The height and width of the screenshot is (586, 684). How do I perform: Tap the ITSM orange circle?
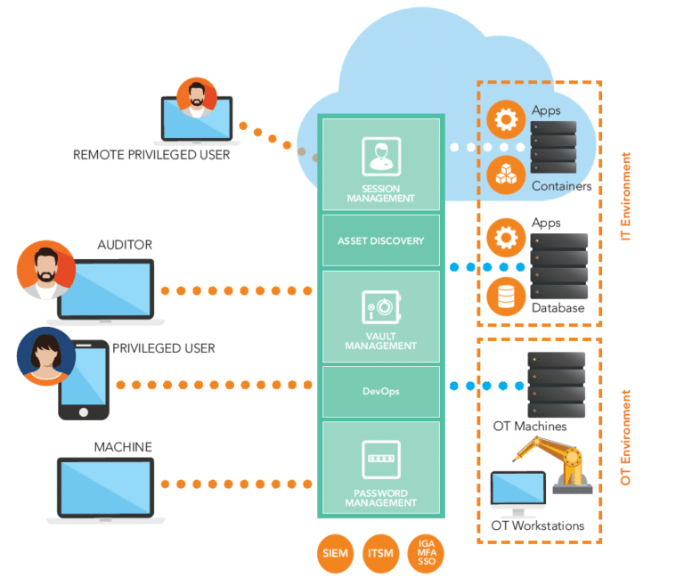point(381,553)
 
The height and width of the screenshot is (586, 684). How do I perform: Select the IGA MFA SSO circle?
point(426,553)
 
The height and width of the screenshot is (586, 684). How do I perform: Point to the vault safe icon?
point(380,306)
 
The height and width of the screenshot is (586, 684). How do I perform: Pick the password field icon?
point(380,460)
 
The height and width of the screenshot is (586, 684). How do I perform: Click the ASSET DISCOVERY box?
point(380,240)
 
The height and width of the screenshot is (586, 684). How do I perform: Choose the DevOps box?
point(380,391)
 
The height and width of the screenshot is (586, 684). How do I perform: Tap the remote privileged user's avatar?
point(196,96)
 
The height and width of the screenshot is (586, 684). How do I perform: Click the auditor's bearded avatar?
point(46,269)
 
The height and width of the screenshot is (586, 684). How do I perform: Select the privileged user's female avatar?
point(46,356)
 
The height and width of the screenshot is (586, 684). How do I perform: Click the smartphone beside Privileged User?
point(84,384)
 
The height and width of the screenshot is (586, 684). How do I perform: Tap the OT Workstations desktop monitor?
point(517,492)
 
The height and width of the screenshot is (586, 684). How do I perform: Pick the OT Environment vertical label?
point(626,436)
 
